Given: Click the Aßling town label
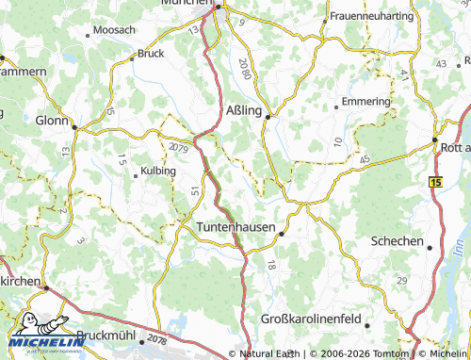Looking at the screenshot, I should [245, 110].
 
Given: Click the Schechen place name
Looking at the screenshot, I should [397, 241].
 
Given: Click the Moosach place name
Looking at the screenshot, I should [114, 31].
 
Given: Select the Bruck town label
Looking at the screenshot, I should [151, 54].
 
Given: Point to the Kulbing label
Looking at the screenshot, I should [157, 172].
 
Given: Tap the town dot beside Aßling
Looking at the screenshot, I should [268, 117].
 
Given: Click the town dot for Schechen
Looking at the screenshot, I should [430, 248].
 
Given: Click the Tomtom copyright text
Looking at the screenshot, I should [358, 353].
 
